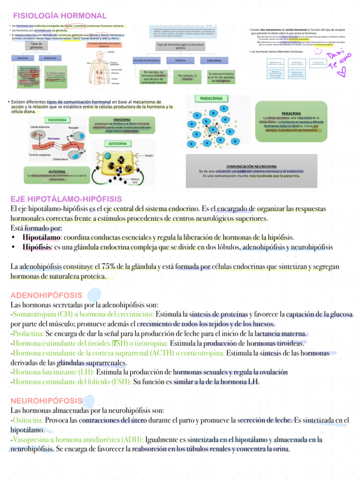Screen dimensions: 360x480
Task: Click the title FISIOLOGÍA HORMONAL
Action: click(x=60, y=16)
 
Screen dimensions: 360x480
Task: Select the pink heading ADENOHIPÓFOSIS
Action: click(x=46, y=295)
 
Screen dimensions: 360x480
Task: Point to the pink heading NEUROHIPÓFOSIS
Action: click(x=46, y=401)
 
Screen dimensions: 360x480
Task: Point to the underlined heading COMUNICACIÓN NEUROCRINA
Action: click(x=251, y=166)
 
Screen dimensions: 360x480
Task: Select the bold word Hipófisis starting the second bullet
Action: click(x=36, y=247)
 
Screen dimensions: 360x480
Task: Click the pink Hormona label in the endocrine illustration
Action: click(x=53, y=139)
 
